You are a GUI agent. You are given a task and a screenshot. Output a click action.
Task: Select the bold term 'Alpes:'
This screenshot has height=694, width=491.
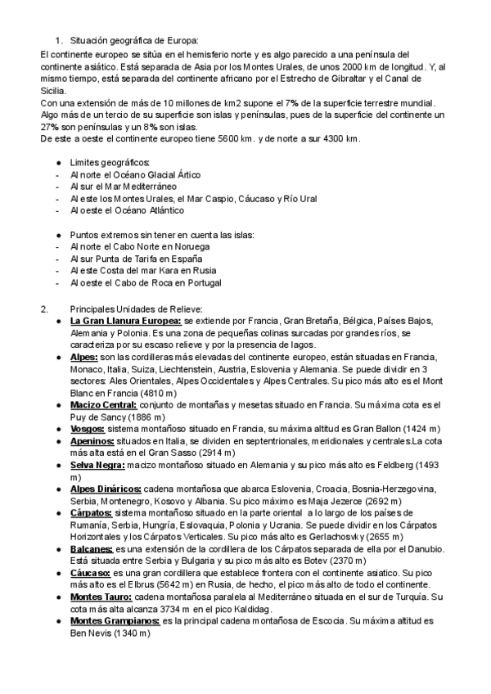84,357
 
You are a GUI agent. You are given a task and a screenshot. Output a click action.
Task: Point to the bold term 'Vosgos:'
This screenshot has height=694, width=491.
88,428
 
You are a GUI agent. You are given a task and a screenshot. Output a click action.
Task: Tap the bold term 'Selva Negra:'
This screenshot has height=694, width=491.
97,464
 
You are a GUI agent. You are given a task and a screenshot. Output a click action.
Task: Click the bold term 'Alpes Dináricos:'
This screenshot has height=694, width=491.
105,489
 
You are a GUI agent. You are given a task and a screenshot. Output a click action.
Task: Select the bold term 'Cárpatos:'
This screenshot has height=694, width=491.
91,512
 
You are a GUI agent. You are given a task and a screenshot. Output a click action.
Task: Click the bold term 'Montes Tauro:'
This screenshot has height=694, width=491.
101,597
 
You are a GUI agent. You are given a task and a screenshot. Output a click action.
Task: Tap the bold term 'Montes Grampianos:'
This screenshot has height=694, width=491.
115,620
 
